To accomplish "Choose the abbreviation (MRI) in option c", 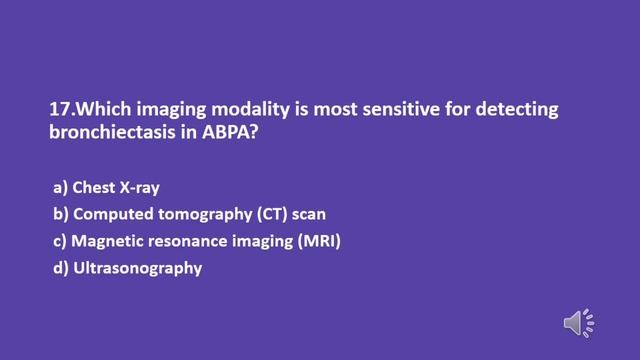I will [318, 242].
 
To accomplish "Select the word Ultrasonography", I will [138, 267].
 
